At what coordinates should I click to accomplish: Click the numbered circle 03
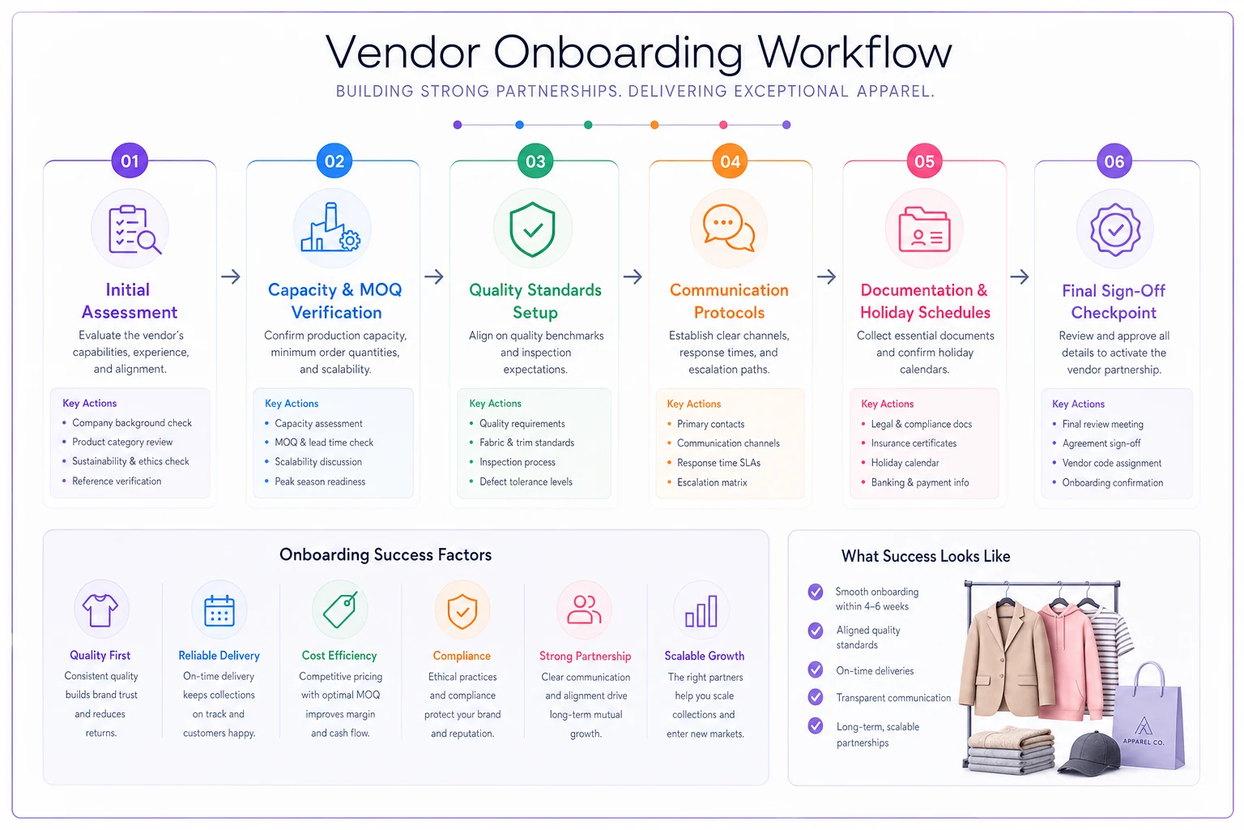pos(535,161)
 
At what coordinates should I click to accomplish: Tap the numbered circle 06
pos(1114,161)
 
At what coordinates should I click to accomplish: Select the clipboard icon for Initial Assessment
pos(134,229)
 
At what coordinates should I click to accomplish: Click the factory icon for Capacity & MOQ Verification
pos(330,227)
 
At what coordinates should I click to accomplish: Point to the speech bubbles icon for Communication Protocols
pos(729,228)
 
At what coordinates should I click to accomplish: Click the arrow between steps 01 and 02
pos(231,276)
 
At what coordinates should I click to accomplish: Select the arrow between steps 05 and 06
pos(1019,276)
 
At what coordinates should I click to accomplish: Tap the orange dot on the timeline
pos(654,125)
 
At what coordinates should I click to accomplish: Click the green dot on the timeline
pos(587,125)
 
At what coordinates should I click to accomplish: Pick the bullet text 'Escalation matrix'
pos(711,482)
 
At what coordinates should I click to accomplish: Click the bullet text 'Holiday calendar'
pos(905,463)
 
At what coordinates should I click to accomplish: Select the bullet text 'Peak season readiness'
pos(320,481)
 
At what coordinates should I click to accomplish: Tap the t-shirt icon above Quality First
pos(100,610)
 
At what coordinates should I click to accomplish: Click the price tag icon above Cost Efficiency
pos(340,610)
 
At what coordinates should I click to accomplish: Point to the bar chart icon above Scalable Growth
pos(701,611)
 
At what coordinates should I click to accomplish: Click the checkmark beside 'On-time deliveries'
pos(816,670)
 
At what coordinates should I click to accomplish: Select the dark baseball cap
pos(1088,753)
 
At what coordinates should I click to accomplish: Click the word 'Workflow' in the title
pos(854,52)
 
